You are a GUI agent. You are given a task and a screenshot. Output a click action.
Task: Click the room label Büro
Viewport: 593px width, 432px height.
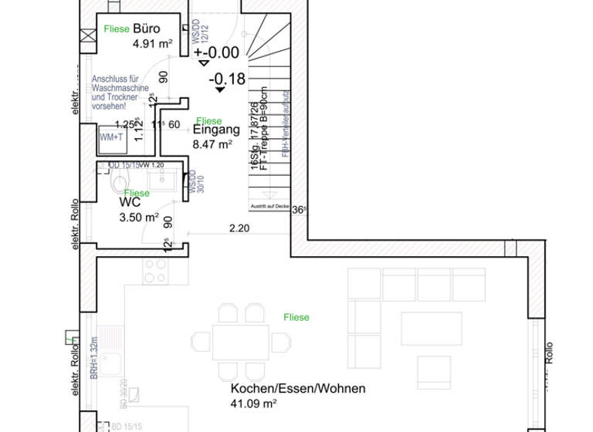point(146,28)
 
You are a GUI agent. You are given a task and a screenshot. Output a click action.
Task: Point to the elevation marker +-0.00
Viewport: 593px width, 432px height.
point(217,52)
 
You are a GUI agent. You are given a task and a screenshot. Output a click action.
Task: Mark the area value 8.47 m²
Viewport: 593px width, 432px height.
point(212,143)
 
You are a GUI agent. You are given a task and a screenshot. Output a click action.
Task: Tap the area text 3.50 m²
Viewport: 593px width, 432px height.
point(139,218)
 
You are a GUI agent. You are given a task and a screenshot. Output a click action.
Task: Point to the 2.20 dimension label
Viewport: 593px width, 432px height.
point(239,228)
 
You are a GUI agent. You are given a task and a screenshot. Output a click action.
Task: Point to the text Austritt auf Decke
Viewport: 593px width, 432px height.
point(269,207)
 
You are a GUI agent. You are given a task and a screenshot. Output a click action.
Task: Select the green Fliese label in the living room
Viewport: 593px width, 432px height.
point(296,317)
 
